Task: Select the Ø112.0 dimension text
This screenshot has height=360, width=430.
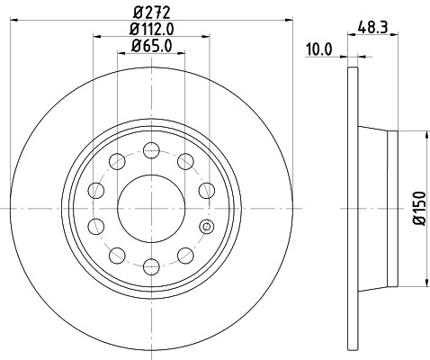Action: (151, 29)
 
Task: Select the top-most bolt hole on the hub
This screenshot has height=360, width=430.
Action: (152, 149)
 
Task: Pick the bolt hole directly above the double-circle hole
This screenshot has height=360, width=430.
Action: (206, 190)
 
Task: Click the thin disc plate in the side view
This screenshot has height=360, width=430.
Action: (349, 208)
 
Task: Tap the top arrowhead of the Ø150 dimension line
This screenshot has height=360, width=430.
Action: (423, 134)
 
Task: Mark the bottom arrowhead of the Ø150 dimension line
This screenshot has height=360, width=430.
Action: (423, 282)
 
